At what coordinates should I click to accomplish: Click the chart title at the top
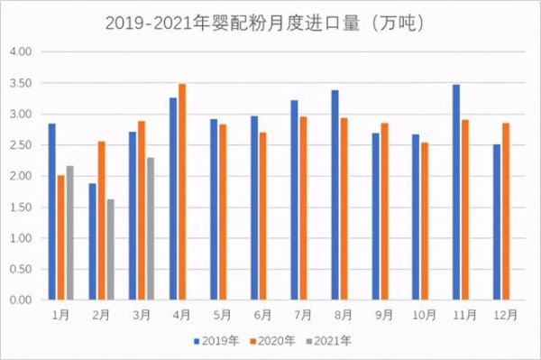pyautogui.click(x=270, y=19)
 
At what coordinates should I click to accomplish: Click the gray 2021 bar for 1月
pyautogui.click(x=70, y=233)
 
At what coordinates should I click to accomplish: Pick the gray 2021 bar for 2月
pyautogui.click(x=111, y=250)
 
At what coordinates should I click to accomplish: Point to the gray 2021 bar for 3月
pyautogui.click(x=151, y=229)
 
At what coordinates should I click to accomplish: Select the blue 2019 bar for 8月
pyautogui.click(x=335, y=195)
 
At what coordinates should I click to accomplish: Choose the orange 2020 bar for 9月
pyautogui.click(x=384, y=212)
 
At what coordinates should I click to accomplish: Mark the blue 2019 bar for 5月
pyautogui.click(x=214, y=209)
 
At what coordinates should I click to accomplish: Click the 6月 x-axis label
pyautogui.click(x=262, y=315)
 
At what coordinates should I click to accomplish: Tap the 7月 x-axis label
pyautogui.click(x=303, y=315)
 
